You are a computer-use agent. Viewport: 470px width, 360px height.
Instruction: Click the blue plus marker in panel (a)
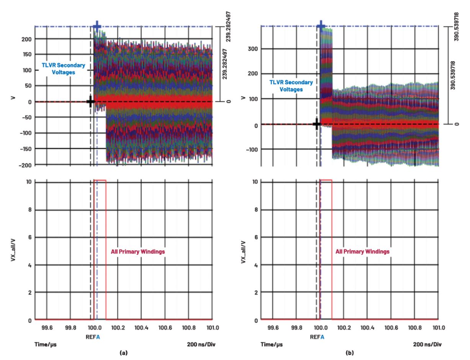click(x=97, y=26)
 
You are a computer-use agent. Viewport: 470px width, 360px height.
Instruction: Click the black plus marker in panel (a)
click(x=91, y=102)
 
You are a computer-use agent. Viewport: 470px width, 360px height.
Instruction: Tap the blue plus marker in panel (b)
click(x=321, y=26)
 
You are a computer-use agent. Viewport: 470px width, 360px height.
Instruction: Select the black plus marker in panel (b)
click(x=316, y=124)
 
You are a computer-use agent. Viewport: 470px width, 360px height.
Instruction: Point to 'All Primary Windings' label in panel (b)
click(x=363, y=252)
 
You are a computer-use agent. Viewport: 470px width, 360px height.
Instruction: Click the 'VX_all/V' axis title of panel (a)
click(x=14, y=251)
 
